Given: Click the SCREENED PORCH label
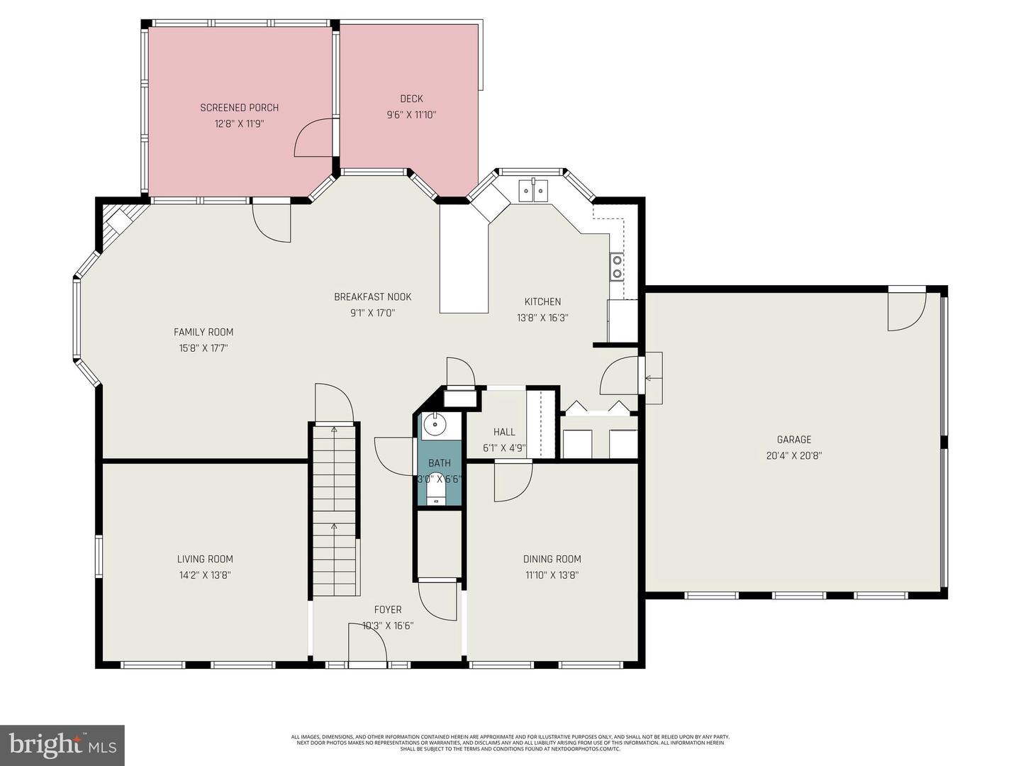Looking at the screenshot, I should coord(239,108).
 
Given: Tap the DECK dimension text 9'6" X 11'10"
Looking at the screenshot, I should coord(411,114).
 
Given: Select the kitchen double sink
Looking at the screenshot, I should coord(533,190).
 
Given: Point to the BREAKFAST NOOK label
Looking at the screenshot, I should coord(372,296).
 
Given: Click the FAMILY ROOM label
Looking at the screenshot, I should coord(203,332).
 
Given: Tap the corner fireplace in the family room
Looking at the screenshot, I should coord(115,223).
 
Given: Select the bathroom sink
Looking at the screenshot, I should coord(433,426).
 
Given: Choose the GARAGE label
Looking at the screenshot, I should coord(793,440).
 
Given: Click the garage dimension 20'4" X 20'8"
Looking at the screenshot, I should coord(793,456).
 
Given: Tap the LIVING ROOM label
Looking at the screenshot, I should coord(205,559).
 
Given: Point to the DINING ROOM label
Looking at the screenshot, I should coord(552,559).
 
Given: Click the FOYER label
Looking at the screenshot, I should coord(388,609).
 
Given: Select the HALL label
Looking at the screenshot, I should coord(504,431).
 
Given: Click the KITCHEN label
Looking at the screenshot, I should coord(542,301).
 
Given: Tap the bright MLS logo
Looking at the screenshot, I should coord(62,745).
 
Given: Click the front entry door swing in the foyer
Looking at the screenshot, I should coord(367,644).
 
